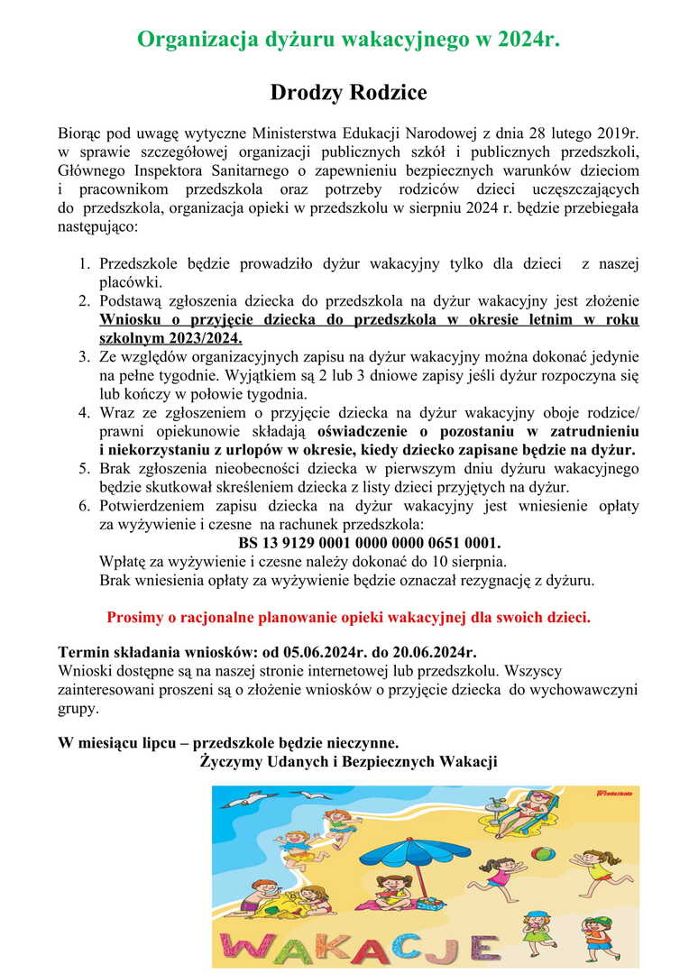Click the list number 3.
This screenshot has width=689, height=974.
(83, 357)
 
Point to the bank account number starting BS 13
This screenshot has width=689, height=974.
(369, 544)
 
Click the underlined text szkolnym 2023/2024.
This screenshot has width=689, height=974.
(171, 338)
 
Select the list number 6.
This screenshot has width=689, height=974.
(83, 506)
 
